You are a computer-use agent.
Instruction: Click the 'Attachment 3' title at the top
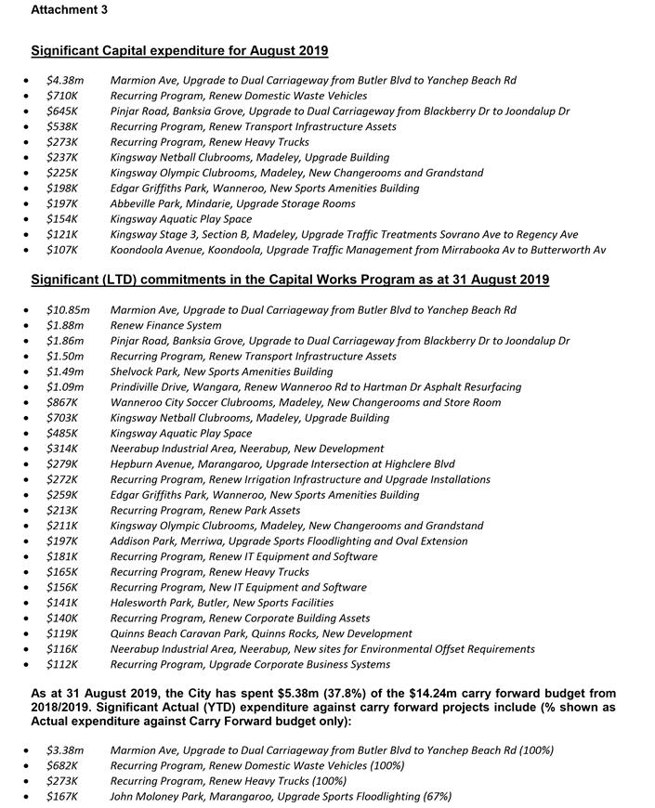(x=69, y=10)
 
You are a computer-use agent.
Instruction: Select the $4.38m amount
(x=65, y=81)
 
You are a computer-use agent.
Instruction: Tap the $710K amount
(x=62, y=96)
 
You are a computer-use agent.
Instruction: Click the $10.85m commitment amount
(x=68, y=310)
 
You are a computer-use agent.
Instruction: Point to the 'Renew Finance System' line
(x=165, y=325)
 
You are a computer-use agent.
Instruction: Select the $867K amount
(x=62, y=402)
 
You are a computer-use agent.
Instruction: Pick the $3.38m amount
(x=65, y=750)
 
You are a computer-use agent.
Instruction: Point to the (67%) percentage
(x=436, y=796)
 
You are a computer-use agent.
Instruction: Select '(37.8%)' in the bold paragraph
(x=285, y=694)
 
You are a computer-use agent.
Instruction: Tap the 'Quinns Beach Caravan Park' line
(x=261, y=633)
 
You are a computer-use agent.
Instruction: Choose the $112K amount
(x=62, y=664)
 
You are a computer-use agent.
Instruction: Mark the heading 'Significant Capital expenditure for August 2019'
(x=179, y=51)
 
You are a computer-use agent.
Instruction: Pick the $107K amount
(x=62, y=250)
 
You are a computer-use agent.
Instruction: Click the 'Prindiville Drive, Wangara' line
(x=315, y=386)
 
